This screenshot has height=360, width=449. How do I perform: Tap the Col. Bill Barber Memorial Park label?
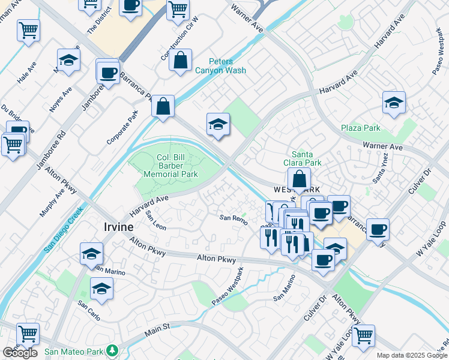coord(170,166)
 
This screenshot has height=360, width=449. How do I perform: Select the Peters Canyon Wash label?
coord(220,65)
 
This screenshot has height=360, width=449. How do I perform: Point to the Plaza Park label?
coord(361,128)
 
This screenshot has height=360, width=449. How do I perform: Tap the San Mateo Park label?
coord(74,351)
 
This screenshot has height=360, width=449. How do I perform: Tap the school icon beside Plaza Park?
coord(394,103)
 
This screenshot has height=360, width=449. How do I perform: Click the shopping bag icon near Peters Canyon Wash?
coord(180,61)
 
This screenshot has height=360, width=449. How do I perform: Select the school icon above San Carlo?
coord(101,289)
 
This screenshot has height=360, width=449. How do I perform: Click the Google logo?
coord(20,353)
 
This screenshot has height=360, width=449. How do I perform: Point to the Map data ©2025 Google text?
coord(411,355)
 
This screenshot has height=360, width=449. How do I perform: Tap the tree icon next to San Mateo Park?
coord(112,350)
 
